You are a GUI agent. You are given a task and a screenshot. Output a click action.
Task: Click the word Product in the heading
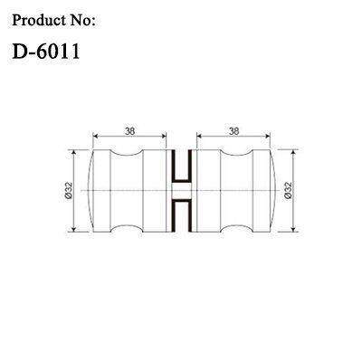pos(39,20)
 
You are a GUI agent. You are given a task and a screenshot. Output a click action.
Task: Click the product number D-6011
pos(46,51)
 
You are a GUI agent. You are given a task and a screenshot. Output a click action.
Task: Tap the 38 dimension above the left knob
pos(130,131)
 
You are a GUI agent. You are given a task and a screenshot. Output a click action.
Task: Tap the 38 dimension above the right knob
pos(233,131)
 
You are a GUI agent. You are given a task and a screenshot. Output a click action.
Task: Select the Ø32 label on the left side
pos(69,190)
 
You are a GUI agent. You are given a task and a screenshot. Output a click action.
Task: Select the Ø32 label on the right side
pos(288,190)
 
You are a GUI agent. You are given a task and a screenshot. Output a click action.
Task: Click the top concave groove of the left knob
pos(127,153)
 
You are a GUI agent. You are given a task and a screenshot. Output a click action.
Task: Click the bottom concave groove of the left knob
pos(127,228)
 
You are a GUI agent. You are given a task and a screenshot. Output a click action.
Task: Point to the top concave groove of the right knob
pos(236,153)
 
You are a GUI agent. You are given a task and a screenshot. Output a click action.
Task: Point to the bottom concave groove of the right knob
pos(236,228)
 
